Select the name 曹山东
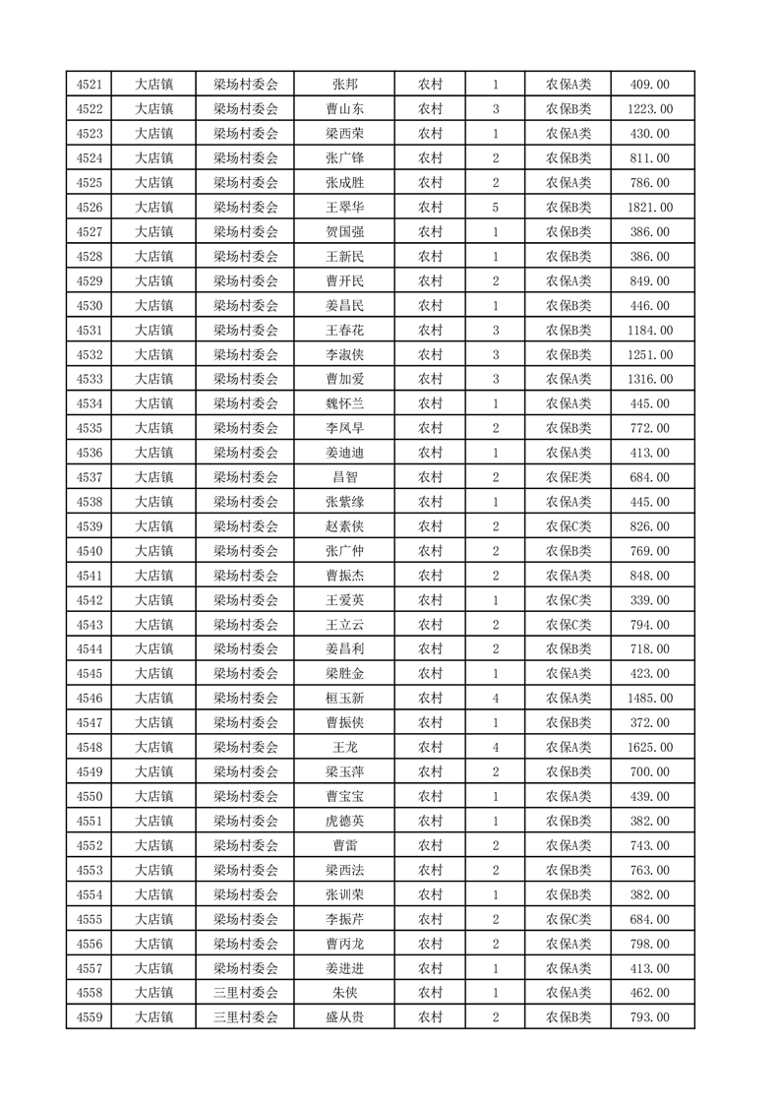tap(344, 109)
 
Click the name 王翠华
tap(344, 208)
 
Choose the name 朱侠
tap(344, 993)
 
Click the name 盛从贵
tap(344, 1017)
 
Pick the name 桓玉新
tap(344, 699)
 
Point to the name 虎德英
tap(344, 821)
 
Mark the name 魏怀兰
tap(344, 403)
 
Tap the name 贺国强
tap(344, 232)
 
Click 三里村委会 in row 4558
tap(246, 993)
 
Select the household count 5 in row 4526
tap(496, 208)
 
